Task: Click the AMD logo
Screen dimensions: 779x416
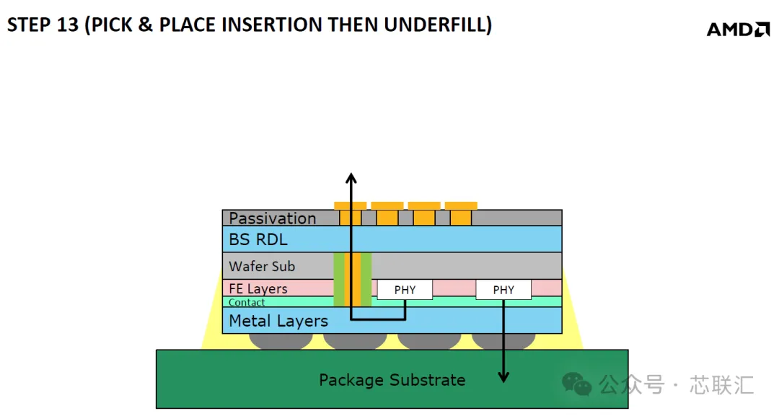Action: click(738, 30)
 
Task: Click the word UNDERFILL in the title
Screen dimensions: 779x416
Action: click(438, 25)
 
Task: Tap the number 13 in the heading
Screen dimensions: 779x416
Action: click(68, 25)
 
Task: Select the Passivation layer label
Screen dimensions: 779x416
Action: click(272, 218)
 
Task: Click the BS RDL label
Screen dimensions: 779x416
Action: click(258, 239)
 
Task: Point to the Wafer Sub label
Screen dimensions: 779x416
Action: click(262, 266)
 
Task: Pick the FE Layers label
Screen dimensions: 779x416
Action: click(258, 288)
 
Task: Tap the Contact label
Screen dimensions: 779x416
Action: click(247, 302)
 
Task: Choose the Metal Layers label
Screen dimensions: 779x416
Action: click(278, 321)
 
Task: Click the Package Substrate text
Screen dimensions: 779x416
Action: click(392, 380)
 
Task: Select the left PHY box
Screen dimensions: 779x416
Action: click(405, 289)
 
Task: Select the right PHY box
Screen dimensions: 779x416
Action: click(503, 289)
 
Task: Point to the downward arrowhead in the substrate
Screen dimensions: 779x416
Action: click(503, 377)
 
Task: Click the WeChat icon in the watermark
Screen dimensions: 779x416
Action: click(576, 384)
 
